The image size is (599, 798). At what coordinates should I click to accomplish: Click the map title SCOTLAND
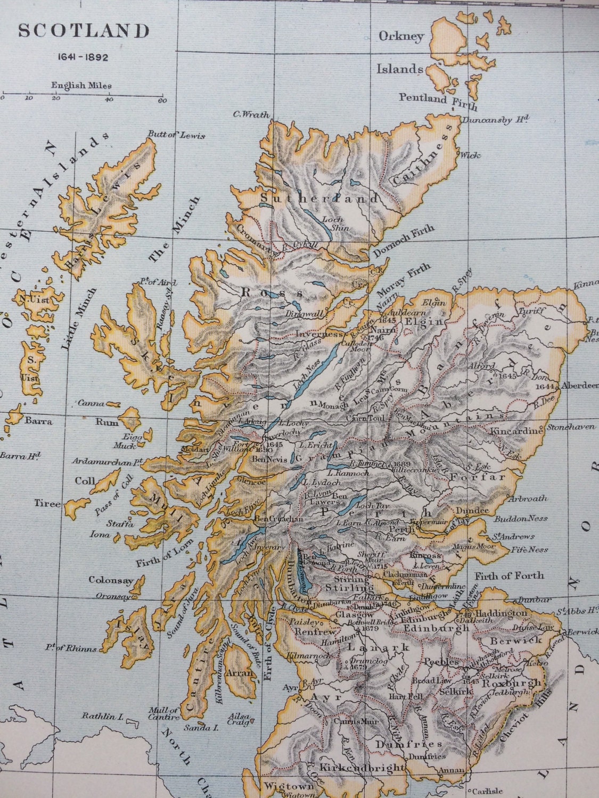tap(84, 31)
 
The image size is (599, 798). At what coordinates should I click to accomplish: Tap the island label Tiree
tap(47, 503)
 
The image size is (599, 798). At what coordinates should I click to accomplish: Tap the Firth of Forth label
tap(510, 575)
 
